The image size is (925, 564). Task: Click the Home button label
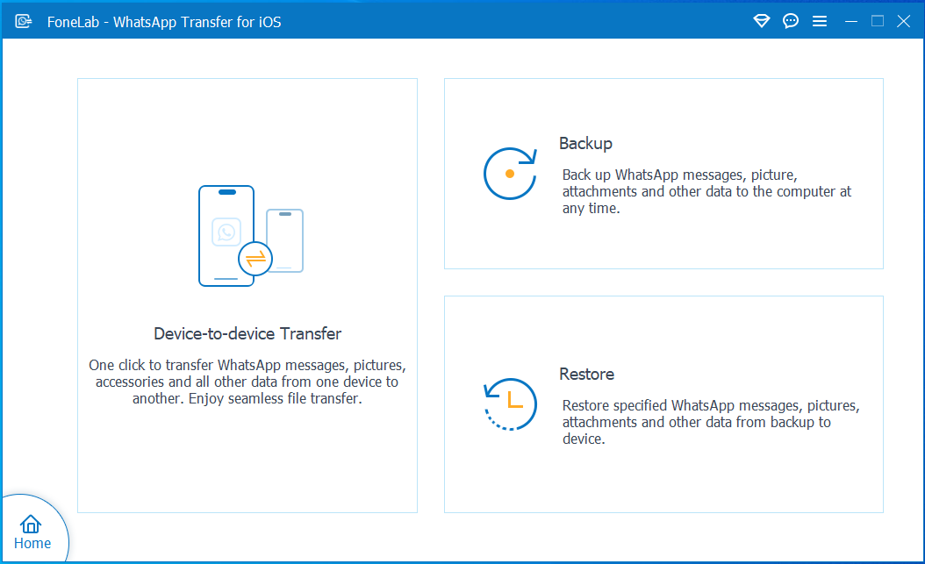[32, 543]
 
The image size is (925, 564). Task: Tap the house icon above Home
[31, 524]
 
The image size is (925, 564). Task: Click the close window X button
[903, 22]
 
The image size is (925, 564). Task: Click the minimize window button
[850, 22]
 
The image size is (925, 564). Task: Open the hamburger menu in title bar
[820, 22]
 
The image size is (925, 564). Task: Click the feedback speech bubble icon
[791, 22]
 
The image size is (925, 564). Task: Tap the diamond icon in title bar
[762, 22]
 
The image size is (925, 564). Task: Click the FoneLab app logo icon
[24, 22]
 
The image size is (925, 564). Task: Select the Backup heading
[585, 144]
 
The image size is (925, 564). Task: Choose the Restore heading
[587, 375]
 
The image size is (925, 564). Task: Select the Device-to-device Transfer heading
[247, 333]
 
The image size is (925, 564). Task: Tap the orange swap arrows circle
[255, 259]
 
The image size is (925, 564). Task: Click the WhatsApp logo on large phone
[226, 232]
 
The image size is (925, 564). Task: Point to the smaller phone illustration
[285, 240]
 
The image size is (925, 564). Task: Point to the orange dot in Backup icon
[510, 174]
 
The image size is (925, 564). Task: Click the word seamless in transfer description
[256, 399]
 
